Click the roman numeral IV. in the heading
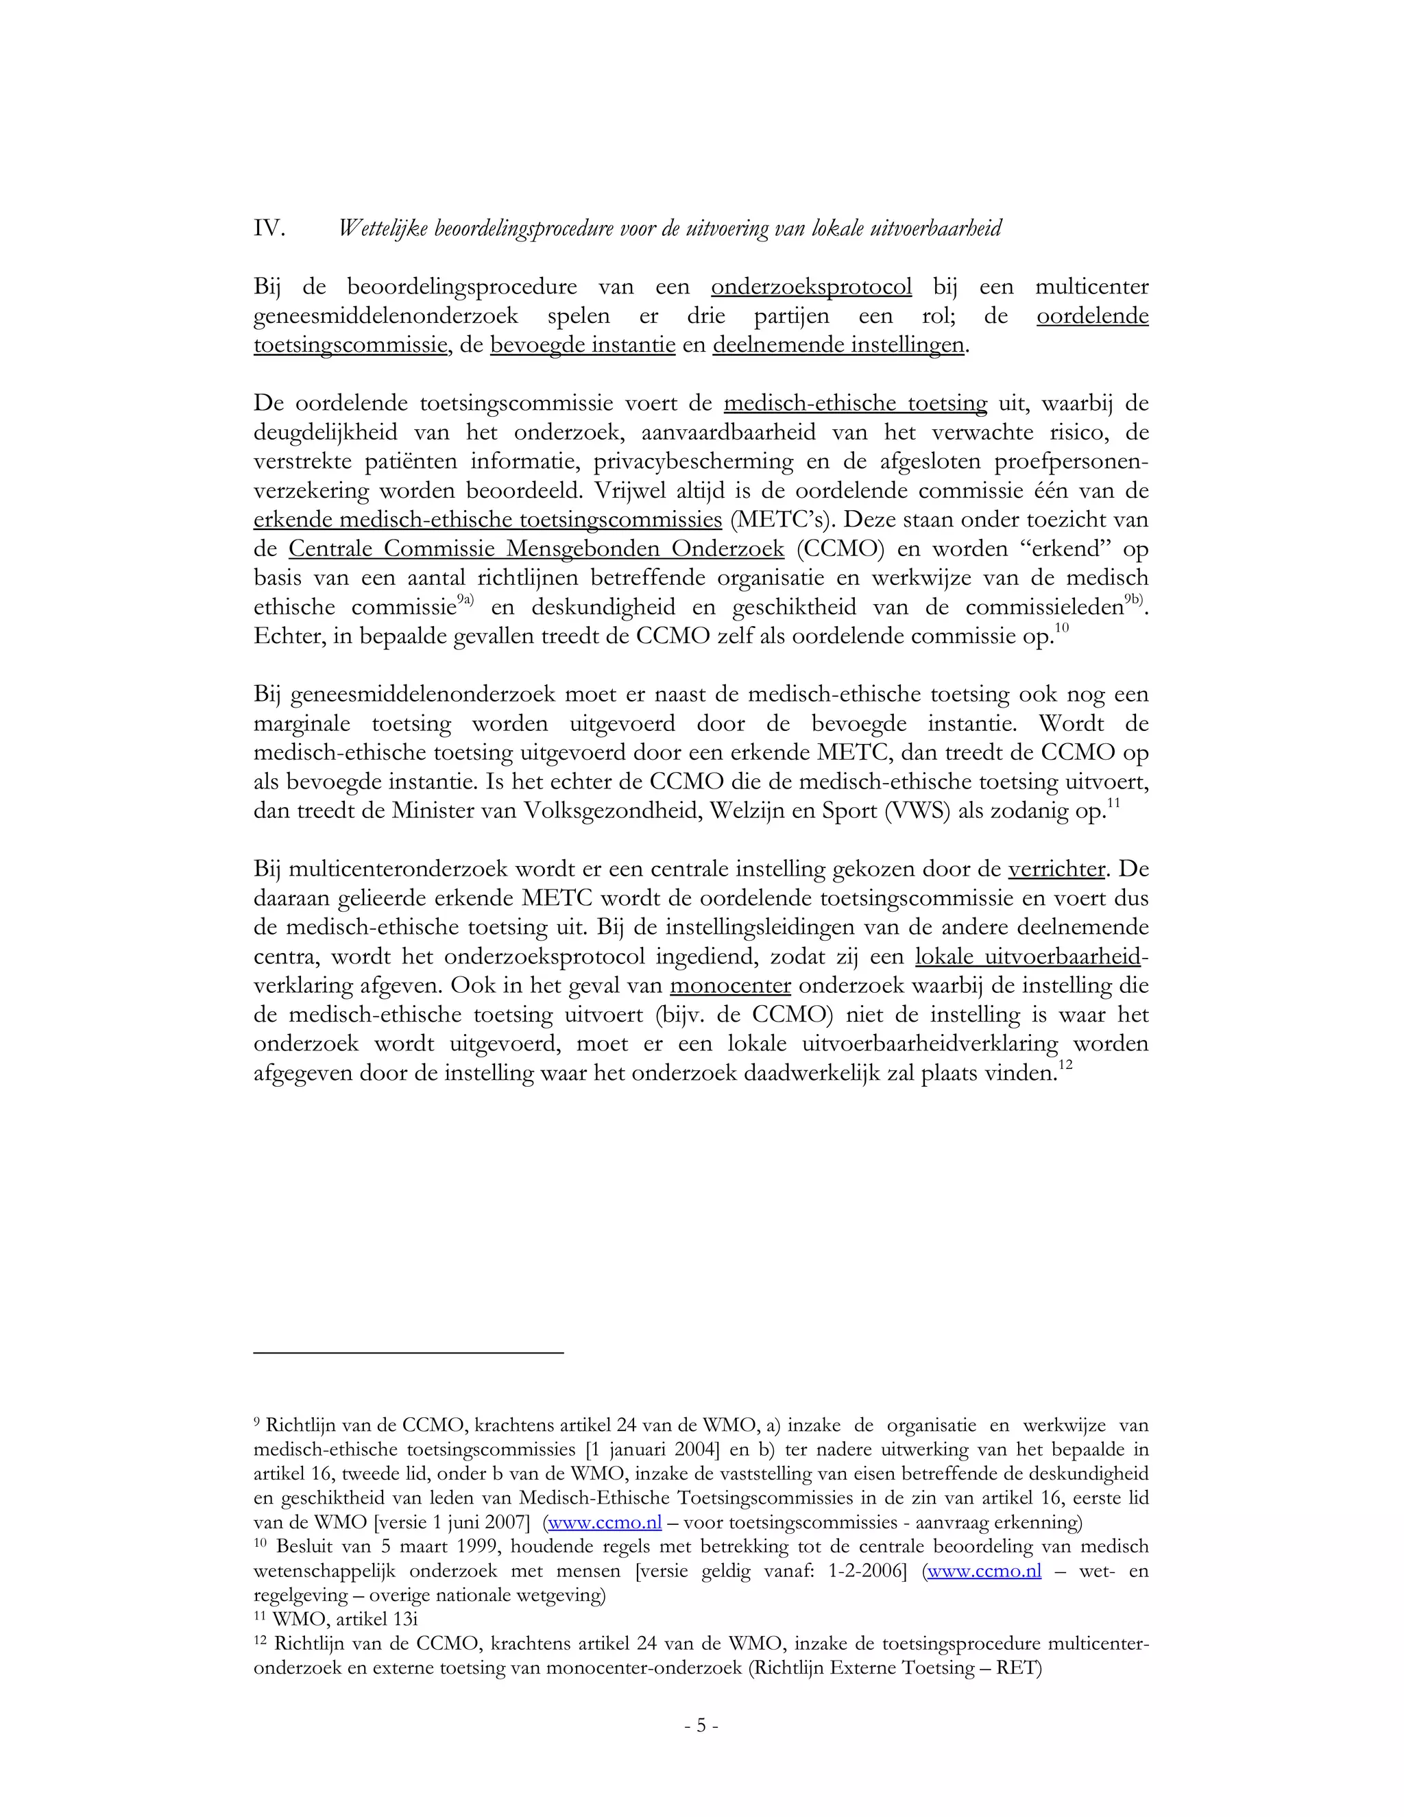[269, 229]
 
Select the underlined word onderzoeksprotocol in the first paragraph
[811, 288]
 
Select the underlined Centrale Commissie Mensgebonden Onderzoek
[537, 550]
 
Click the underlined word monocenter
[729, 987]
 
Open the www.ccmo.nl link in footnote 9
[605, 1522]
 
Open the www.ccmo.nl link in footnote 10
[984, 1571]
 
